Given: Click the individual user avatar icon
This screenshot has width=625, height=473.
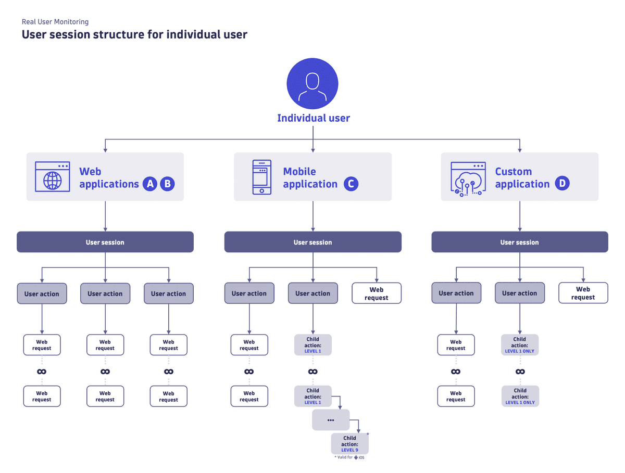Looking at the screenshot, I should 312,84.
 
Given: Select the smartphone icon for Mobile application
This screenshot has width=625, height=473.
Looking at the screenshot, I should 261,177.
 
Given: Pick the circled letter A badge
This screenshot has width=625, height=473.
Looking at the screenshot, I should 149,184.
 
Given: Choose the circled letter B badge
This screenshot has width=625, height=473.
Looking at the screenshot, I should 167,184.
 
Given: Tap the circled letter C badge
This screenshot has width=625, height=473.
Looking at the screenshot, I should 351,184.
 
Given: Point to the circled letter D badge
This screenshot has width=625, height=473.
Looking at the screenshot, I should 562,184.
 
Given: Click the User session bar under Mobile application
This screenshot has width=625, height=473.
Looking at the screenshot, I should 312,242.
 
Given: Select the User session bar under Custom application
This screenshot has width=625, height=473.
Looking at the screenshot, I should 519,242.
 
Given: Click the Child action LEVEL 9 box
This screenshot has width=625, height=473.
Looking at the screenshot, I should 349,444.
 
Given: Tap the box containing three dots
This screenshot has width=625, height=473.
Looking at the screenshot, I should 331,419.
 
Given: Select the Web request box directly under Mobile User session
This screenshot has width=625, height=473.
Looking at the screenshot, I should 376,293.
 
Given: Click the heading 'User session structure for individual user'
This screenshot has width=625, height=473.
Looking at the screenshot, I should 134,35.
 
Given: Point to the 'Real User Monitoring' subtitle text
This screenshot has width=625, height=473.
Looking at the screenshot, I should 55,22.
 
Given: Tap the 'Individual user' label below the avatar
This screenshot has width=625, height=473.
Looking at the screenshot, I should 313,118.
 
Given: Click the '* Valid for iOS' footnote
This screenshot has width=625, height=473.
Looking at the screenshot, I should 349,457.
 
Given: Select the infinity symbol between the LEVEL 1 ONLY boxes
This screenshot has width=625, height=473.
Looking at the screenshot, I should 520,372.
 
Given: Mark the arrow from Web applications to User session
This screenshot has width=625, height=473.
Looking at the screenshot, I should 105,216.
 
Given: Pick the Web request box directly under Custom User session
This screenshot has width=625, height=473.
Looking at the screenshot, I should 583,293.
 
